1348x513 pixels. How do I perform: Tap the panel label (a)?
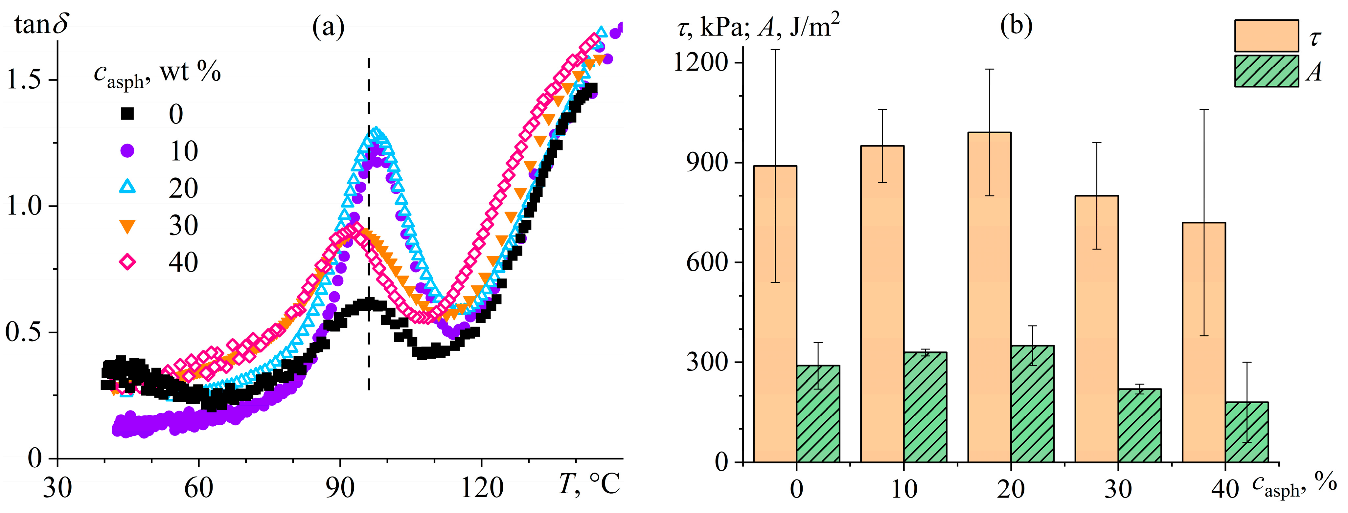[x=328, y=26]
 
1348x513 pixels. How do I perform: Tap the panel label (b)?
[x=1016, y=25]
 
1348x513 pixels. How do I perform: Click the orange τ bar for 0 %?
[x=775, y=314]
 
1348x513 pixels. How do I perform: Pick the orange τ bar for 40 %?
[x=1203, y=343]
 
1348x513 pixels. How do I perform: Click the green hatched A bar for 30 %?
[x=1140, y=426]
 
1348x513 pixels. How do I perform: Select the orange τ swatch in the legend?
[x=1267, y=35]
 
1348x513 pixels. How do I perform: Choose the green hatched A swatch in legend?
[x=1267, y=71]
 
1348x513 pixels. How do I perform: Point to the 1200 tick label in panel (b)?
[x=701, y=63]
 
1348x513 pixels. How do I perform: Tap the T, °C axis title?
[x=589, y=484]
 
